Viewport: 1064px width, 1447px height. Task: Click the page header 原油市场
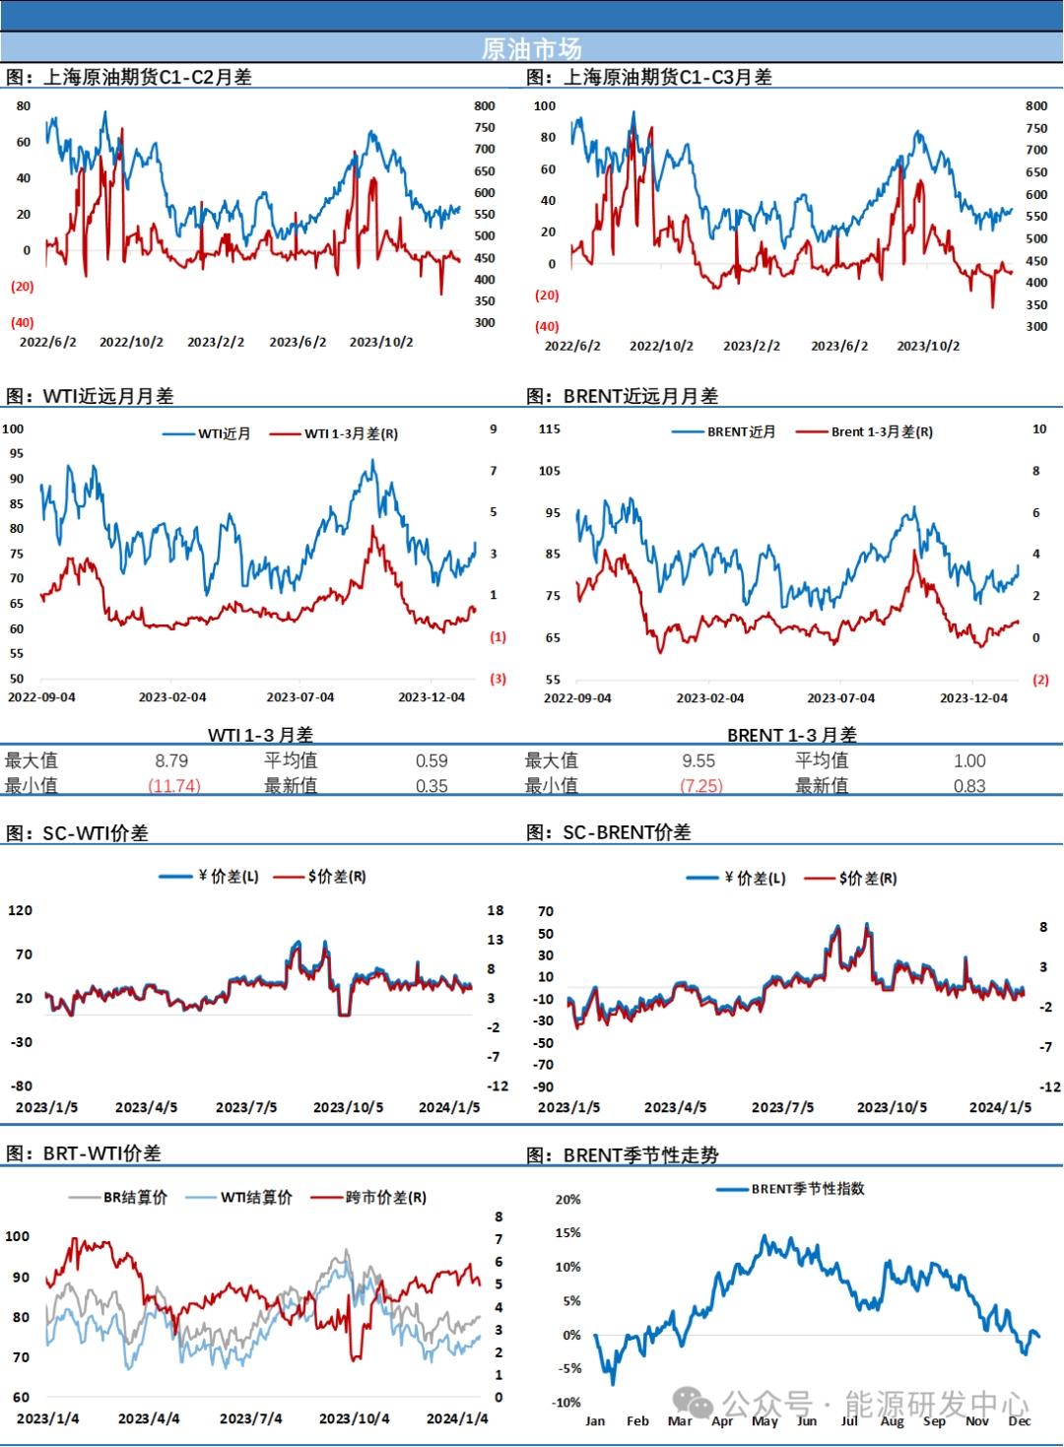coord(532,48)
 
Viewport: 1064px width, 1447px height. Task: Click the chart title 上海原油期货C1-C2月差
coord(147,77)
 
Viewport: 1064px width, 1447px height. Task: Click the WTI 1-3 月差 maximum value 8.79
coord(171,760)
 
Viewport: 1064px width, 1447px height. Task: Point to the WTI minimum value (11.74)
coord(174,786)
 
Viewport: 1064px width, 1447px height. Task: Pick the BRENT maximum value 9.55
coord(698,760)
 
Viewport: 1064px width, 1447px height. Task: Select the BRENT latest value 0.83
coord(969,786)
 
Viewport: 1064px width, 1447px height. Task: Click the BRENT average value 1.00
coord(969,760)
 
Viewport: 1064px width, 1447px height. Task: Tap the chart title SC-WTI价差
coord(95,833)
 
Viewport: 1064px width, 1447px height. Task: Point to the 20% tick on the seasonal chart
coord(568,1200)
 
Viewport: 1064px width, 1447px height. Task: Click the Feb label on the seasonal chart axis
coord(637,1420)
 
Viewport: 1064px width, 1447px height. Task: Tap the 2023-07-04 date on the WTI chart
coord(300,697)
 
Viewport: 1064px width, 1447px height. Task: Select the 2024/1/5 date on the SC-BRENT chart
coord(1000,1107)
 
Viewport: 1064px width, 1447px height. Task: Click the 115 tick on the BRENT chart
coord(550,429)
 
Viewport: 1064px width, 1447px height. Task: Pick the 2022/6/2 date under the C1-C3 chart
coord(572,346)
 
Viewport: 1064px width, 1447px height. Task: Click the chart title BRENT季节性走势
coord(640,1154)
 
